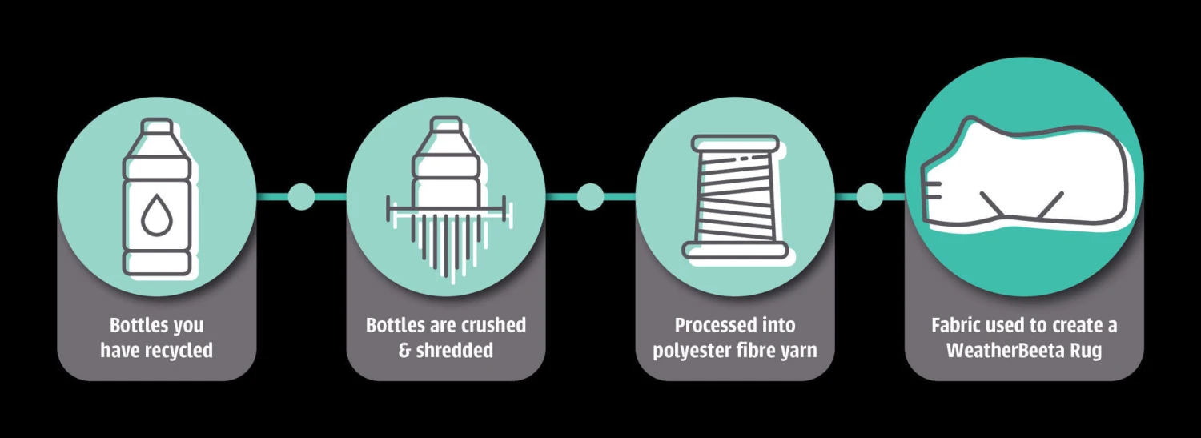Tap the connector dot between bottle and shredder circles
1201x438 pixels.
(301, 196)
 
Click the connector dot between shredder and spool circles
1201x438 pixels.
(590, 196)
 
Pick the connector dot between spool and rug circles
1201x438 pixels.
(870, 196)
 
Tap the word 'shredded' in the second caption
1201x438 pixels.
(455, 351)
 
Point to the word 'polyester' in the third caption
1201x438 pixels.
(689, 351)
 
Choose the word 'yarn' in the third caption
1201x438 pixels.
(798, 351)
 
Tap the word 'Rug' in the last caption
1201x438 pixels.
(1087, 351)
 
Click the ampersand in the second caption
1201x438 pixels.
(404, 351)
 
